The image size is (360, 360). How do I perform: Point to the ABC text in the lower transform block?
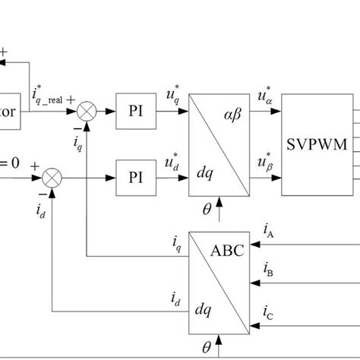coord(229,251)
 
